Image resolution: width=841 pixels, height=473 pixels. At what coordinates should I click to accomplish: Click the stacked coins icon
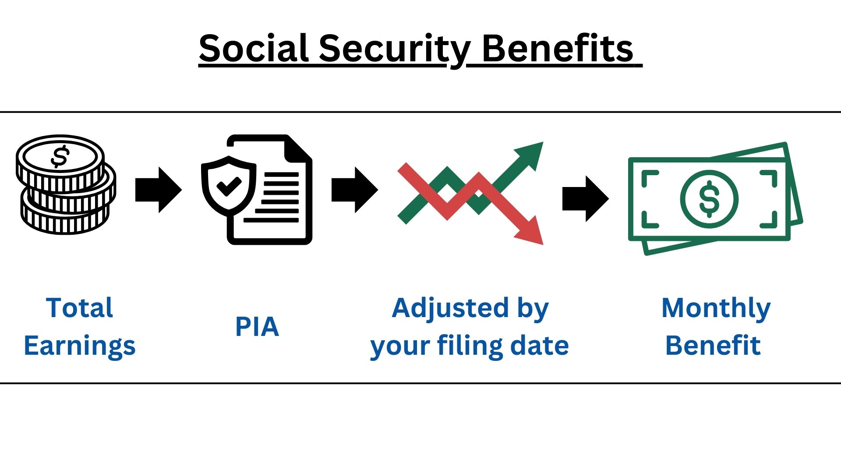click(x=66, y=184)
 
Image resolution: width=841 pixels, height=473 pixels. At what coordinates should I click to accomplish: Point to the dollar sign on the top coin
click(x=60, y=156)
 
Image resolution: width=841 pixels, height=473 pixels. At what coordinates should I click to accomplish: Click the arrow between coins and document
click(x=158, y=190)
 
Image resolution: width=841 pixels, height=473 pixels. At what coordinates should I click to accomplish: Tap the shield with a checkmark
click(x=228, y=186)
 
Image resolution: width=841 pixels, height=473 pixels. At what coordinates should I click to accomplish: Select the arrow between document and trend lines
click(x=354, y=190)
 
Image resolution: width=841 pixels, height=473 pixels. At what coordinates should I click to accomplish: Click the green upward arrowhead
click(x=530, y=154)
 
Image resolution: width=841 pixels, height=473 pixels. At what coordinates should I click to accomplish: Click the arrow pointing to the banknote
click(x=585, y=198)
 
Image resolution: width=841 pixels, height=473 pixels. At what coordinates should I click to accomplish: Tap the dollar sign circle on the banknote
click(x=709, y=199)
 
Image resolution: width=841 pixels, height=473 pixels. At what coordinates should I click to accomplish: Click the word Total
click(x=79, y=308)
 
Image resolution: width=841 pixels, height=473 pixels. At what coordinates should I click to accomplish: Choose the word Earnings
click(x=79, y=346)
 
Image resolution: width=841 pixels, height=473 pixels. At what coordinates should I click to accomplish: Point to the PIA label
click(x=257, y=327)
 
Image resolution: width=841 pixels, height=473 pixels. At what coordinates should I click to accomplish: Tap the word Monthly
click(x=716, y=309)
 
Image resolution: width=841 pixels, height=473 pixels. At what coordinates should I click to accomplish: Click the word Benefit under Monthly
click(x=713, y=346)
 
